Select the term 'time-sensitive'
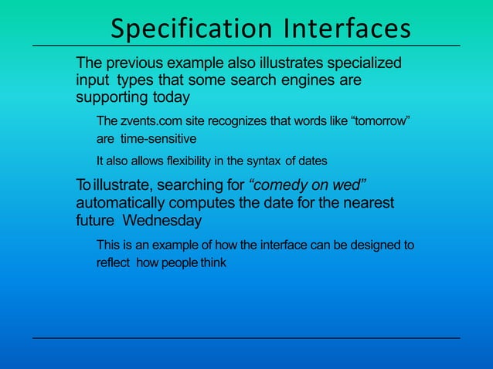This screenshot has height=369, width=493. click(x=158, y=140)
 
